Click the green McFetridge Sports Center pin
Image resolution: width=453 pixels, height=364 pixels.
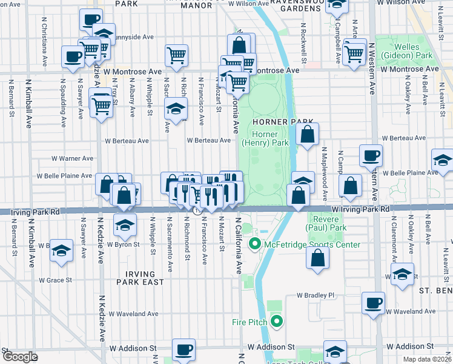coord(254,244)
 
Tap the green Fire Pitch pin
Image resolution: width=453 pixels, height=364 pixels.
coord(277,322)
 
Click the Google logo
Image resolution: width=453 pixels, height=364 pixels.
coord(20,357)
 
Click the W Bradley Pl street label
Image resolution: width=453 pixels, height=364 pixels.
coord(315,295)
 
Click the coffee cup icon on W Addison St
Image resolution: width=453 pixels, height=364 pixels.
coord(184,349)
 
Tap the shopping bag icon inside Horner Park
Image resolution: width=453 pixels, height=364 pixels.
coord(307,135)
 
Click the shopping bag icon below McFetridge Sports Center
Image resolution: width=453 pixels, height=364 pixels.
coord(319,258)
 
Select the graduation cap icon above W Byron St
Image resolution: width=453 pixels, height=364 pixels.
coord(125,224)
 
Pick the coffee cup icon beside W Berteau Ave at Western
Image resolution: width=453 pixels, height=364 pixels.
coord(371,155)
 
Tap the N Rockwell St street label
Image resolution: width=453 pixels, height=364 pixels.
coord(303,44)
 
